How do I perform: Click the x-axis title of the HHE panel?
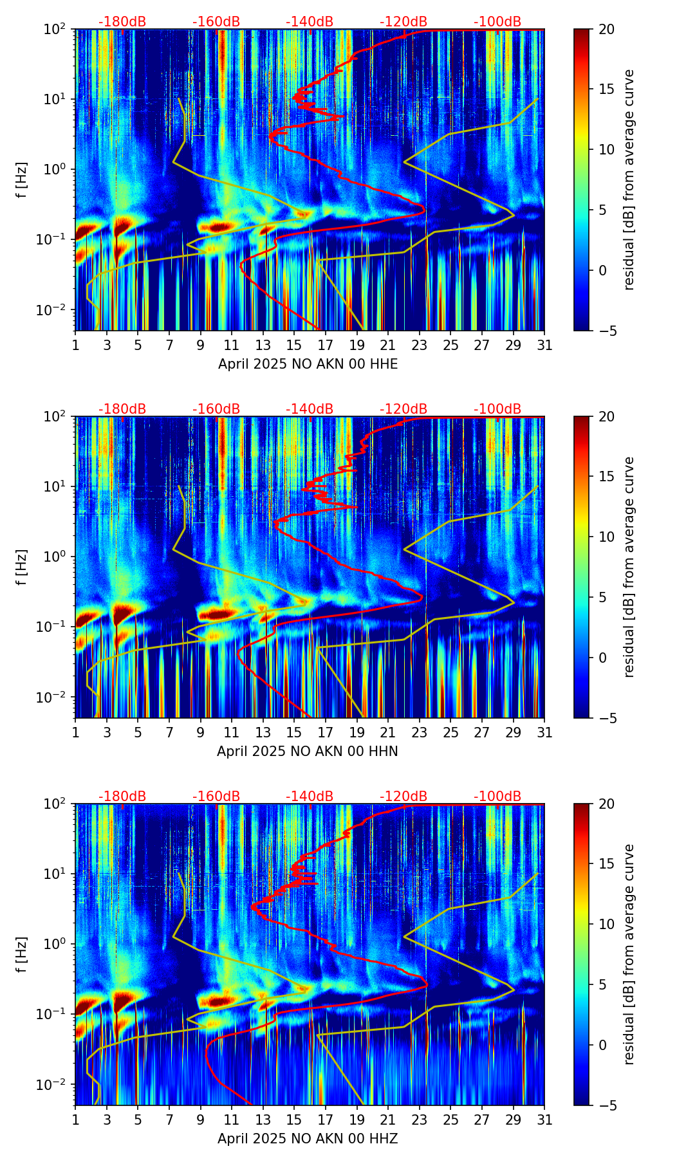[x=308, y=364]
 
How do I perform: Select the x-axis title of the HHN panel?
[x=308, y=752]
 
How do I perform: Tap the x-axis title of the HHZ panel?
[x=308, y=1139]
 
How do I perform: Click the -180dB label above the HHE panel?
[x=122, y=22]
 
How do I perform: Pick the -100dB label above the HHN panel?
[x=497, y=409]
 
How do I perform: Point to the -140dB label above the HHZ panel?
[x=310, y=797]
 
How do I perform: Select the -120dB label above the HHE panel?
[x=403, y=22]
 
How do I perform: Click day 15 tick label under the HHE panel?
[x=294, y=346]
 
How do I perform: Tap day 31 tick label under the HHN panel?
[x=544, y=733]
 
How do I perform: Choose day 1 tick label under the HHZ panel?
[x=75, y=1120]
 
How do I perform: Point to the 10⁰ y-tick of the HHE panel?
[x=60, y=169]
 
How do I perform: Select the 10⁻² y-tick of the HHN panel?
[x=59, y=697]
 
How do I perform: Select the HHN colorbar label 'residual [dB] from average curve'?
[x=629, y=567]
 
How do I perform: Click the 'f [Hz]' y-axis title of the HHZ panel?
[x=22, y=954]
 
